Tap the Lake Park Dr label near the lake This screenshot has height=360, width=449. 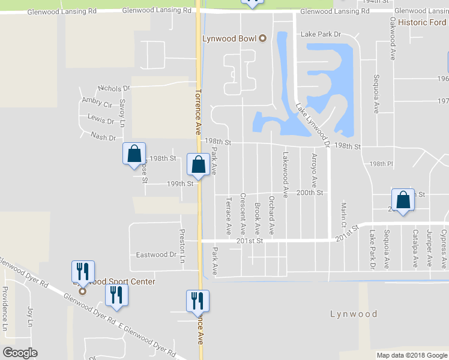(321, 35)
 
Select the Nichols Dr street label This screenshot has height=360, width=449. (113, 88)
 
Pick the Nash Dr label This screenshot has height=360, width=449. (103, 137)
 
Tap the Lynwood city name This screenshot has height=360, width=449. (354, 314)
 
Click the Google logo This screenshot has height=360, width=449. (20, 353)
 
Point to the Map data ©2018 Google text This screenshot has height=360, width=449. (411, 355)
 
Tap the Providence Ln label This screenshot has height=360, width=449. (5, 308)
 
